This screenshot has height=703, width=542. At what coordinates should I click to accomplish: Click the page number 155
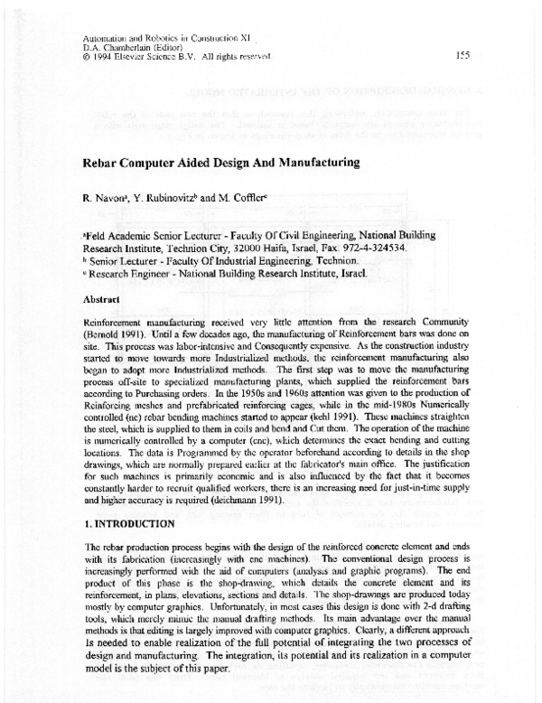[462, 55]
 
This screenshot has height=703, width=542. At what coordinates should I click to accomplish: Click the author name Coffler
[271, 196]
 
